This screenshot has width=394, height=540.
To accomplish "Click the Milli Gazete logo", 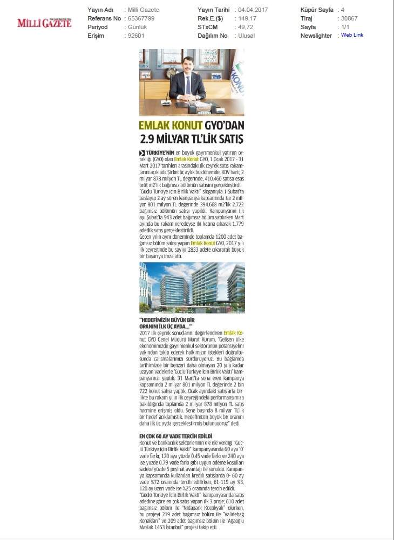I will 44,23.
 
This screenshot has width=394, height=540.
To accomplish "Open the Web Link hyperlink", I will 352,35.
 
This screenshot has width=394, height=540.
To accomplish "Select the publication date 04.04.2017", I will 253,10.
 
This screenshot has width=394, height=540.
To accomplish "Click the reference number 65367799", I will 141,18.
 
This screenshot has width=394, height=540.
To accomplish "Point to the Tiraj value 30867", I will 350,18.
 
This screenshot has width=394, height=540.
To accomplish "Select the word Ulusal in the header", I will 247,36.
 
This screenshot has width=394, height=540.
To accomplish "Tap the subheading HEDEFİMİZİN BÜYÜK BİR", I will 167,320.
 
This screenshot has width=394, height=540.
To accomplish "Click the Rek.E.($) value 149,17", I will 246,18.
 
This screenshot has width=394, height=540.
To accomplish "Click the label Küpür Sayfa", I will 317,10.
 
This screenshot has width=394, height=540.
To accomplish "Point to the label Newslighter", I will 316,36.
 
